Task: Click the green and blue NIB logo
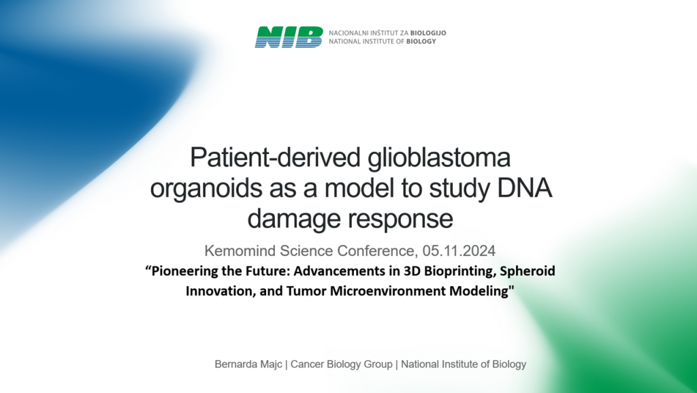point(289,37)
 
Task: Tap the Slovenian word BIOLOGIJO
point(428,33)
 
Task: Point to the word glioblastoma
point(439,158)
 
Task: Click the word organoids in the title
point(207,189)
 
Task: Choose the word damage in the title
point(294,219)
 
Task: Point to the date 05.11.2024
point(459,251)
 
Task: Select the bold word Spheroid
point(528,271)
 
